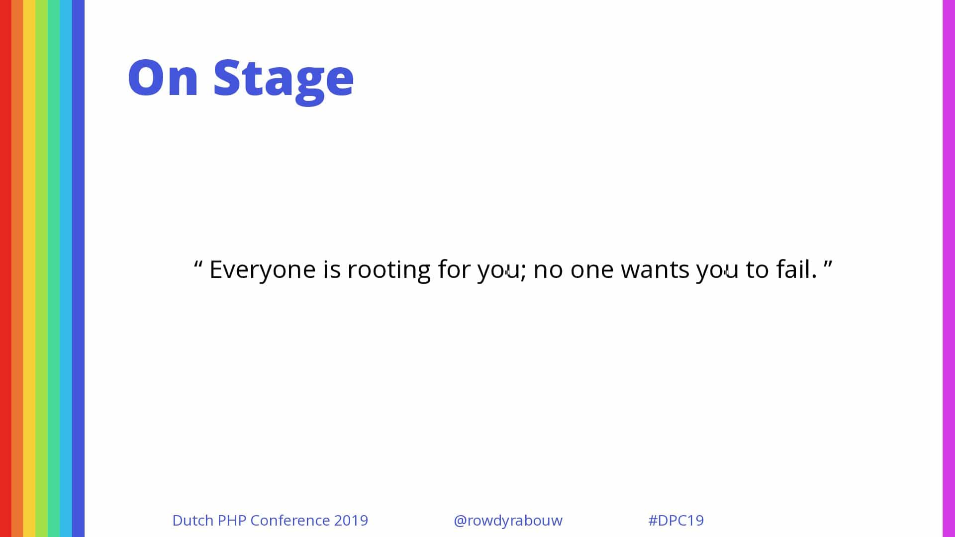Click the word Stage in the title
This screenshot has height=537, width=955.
pos(284,80)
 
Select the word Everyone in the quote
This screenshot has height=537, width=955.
pos(263,270)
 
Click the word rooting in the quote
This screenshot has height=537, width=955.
pos(389,270)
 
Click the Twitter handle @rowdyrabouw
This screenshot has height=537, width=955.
pos(508,521)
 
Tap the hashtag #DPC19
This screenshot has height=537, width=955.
pos(676,520)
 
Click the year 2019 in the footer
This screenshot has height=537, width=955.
pos(351,520)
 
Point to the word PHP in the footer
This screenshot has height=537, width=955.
pos(232,520)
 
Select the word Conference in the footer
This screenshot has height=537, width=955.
pos(290,520)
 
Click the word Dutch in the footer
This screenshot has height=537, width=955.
pos(193,520)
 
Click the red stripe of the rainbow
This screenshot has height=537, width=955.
pos(5,268)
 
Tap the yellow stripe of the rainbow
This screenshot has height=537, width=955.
pos(29,268)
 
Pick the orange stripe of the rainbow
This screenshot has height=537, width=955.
pos(17,268)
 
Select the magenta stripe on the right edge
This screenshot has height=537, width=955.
pos(949,268)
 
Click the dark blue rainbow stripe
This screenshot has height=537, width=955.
pos(78,268)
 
